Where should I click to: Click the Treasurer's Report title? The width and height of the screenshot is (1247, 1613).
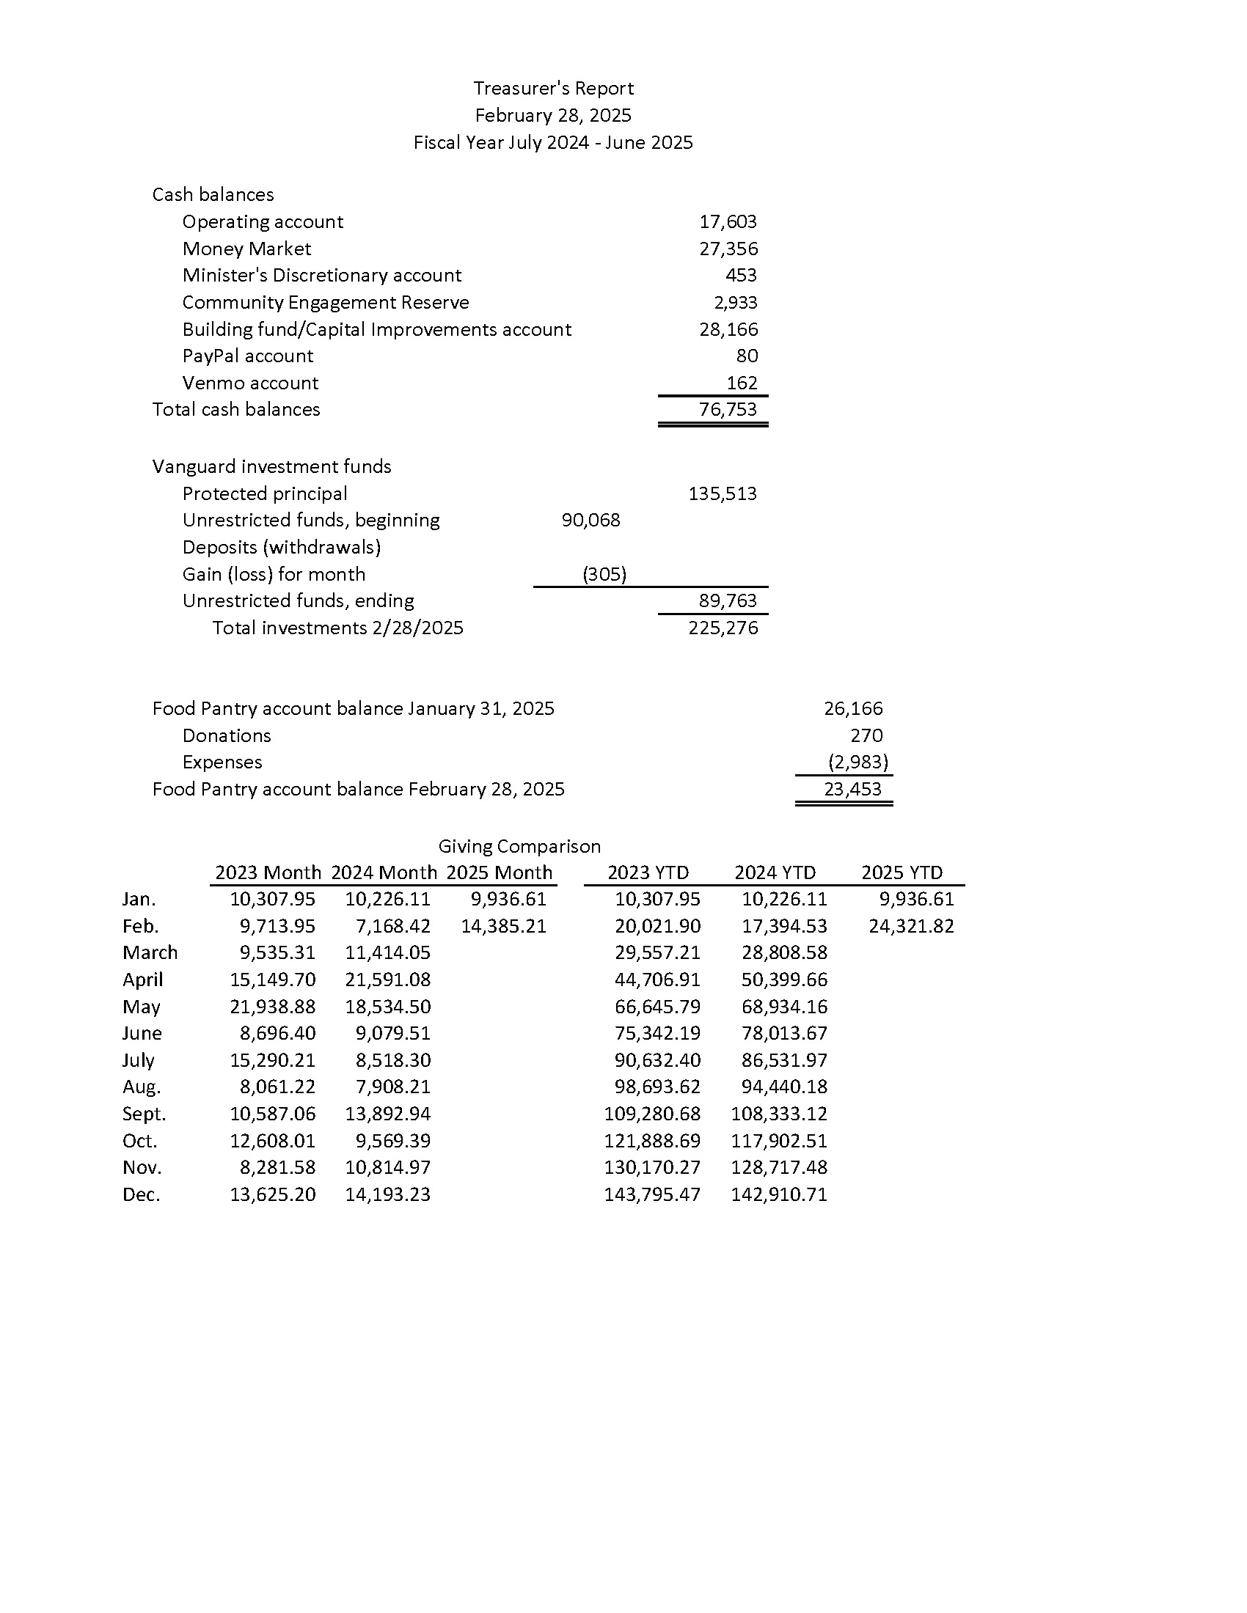tap(553, 89)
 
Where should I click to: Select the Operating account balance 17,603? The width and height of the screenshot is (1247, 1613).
tap(728, 221)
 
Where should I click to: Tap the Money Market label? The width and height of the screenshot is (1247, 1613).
tap(246, 249)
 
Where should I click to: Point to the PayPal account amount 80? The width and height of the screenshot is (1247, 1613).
tap(747, 356)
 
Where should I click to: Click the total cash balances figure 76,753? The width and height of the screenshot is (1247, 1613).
tap(728, 409)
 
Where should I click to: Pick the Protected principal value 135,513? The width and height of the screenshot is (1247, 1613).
tap(723, 493)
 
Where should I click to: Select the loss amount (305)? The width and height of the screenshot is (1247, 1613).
tap(604, 574)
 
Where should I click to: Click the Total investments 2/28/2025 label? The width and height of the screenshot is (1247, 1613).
tap(337, 628)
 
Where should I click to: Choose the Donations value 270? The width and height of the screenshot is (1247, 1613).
tap(866, 735)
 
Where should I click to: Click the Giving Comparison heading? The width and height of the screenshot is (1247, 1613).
tap(519, 846)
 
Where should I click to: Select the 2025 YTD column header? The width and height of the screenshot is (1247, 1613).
tap(902, 873)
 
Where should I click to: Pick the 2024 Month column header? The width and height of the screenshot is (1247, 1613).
tap(384, 873)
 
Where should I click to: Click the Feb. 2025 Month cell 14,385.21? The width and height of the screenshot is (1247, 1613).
tap(504, 926)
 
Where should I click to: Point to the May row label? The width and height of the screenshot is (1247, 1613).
tap(141, 1007)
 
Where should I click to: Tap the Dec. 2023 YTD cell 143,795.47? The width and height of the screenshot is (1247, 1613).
tap(652, 1194)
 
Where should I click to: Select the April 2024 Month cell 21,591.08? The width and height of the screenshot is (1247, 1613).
tap(388, 980)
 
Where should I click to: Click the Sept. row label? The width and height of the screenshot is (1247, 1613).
tap(144, 1114)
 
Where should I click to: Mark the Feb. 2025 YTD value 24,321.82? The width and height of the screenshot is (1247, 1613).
tap(912, 926)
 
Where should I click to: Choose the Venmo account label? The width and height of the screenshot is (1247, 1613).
tap(250, 383)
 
